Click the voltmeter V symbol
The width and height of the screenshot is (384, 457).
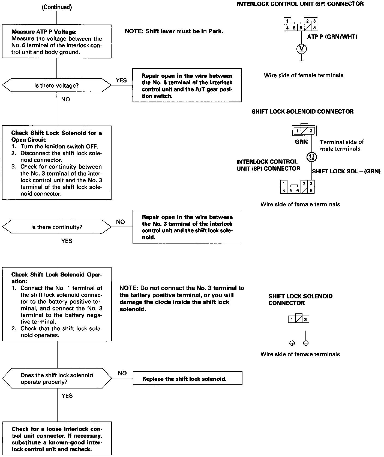pos(301,49)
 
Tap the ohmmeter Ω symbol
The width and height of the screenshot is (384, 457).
pos(311,157)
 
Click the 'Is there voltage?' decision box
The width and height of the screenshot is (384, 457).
pos(56,85)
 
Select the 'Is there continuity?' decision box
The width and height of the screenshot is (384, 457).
pos(56,227)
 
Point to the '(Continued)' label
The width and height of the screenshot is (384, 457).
pos(57,7)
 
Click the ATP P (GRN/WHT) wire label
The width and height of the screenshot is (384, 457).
pos(332,37)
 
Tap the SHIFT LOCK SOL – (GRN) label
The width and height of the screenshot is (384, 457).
pos(346,171)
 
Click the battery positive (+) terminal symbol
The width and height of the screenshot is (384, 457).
pos(292,343)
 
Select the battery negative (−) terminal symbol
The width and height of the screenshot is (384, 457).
pos(306,343)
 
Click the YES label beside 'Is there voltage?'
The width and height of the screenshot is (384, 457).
pos(121,80)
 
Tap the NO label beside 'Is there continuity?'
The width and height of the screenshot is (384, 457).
pos(121,222)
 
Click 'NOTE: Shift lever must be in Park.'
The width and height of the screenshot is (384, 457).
pos(174,31)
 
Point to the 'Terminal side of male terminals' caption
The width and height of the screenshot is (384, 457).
pos(342,145)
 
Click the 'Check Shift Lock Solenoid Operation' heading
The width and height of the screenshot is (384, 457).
pos(56,278)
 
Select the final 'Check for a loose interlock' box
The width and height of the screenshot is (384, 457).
pos(57,439)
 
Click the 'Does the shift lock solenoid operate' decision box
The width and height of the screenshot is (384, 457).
pos(57,378)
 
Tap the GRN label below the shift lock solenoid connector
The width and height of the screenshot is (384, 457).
pos(301,142)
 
